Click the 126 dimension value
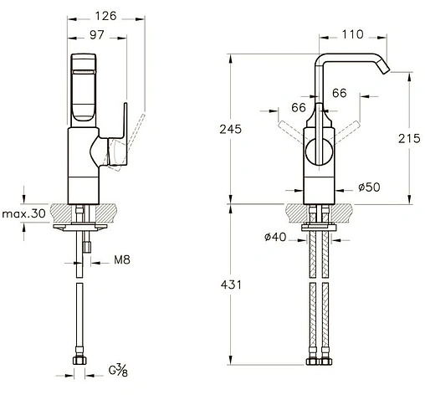point(105,16)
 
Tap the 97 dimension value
point(97,35)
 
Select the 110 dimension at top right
point(353,34)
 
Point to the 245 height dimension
point(230,129)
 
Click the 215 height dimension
point(409,138)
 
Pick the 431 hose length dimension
point(231,285)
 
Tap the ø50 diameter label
point(369,187)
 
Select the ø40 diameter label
point(275,237)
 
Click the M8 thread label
point(122,260)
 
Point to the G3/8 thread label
point(118,371)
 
